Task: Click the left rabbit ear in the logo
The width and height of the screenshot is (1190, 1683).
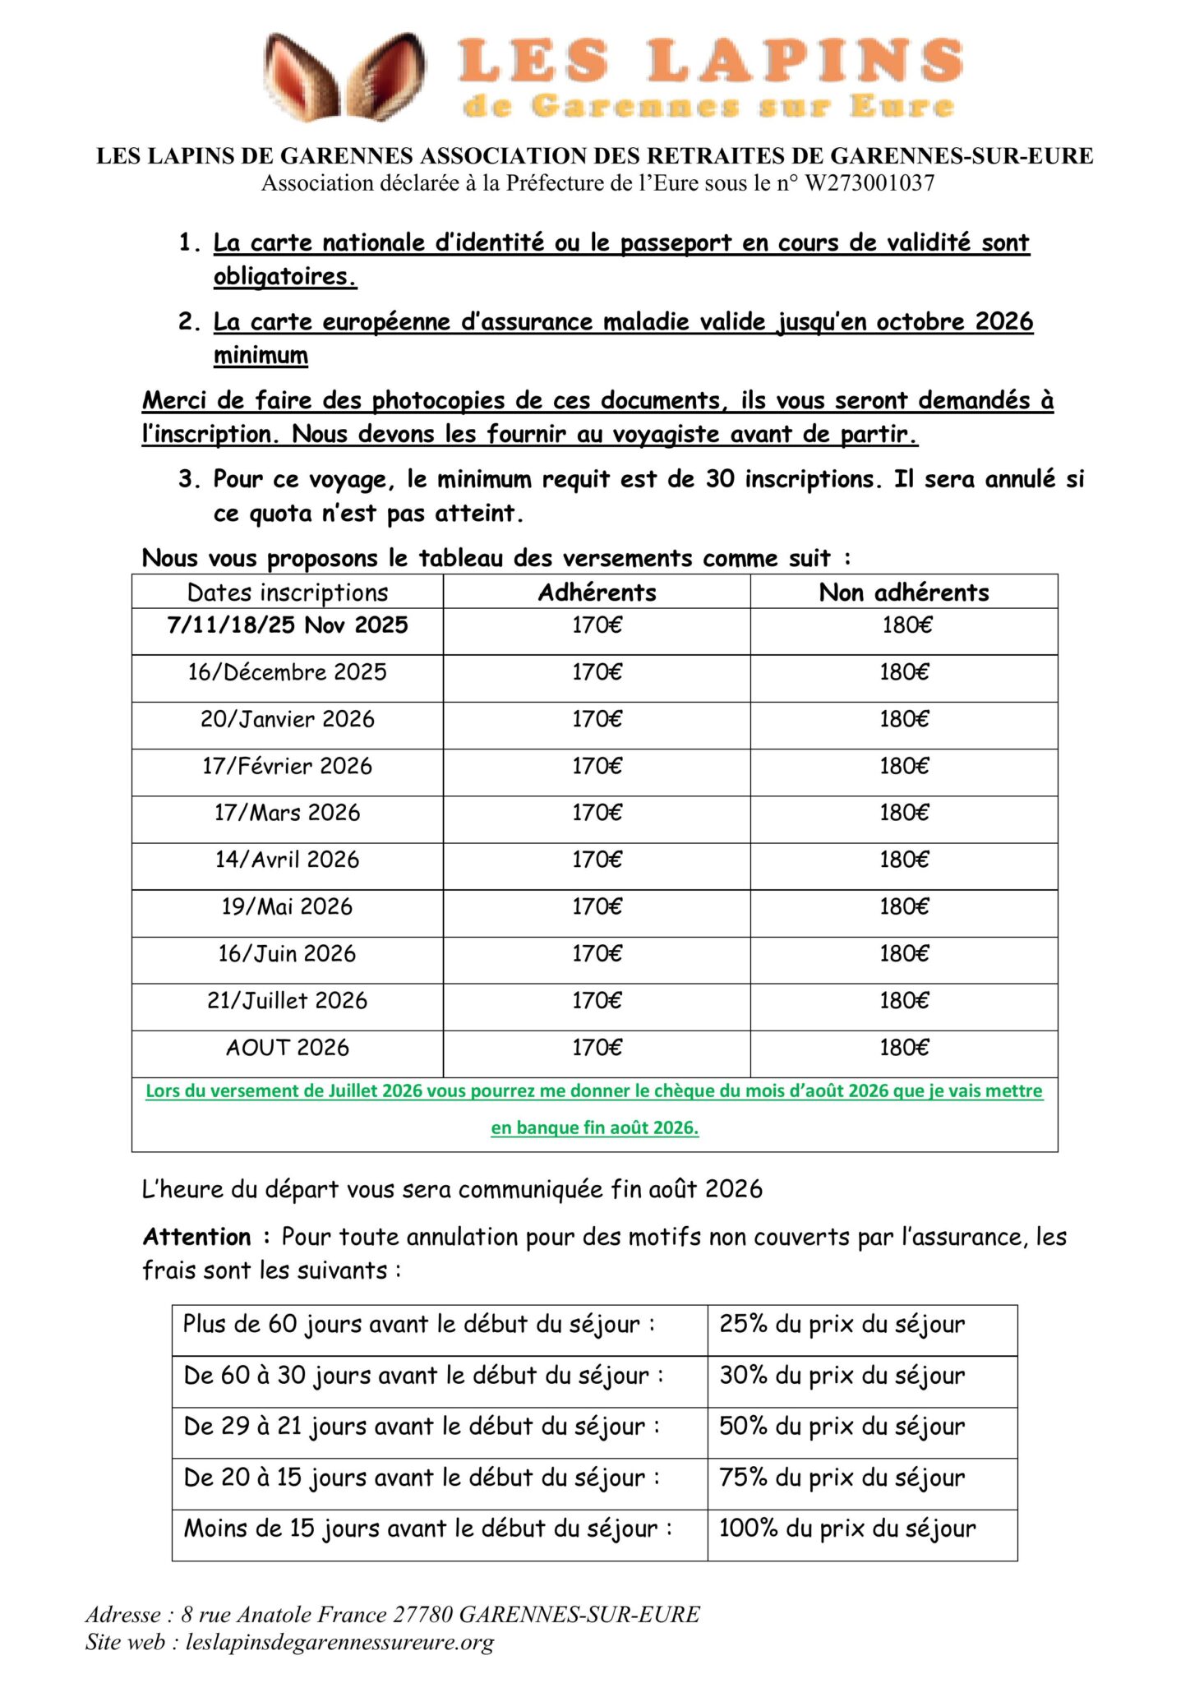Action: [302, 77]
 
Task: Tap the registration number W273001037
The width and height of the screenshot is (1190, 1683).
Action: [869, 183]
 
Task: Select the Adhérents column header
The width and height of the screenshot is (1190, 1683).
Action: [597, 593]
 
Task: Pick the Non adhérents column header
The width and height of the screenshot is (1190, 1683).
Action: [904, 593]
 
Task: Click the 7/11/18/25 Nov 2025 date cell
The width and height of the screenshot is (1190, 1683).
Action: [288, 625]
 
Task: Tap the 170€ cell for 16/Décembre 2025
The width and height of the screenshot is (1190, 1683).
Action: [597, 672]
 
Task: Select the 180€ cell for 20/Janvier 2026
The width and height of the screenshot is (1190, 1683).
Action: [904, 719]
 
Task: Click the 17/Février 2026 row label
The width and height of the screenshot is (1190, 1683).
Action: [288, 766]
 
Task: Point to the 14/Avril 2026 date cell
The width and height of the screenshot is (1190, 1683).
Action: [288, 860]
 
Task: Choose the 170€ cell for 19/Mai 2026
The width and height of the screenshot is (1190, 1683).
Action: [597, 906]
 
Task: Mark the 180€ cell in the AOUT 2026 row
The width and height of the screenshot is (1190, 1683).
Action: [904, 1048]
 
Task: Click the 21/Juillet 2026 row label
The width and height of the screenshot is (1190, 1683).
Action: [288, 1001]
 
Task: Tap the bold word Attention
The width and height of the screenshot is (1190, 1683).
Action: [197, 1237]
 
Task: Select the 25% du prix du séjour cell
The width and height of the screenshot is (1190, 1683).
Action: [842, 1324]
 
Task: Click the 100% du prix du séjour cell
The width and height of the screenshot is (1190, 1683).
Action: [847, 1528]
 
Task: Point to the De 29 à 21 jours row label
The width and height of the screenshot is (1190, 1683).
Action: [422, 1426]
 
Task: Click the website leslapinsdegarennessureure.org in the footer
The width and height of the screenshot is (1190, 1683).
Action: [339, 1643]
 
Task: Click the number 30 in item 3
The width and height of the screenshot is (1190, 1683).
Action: [720, 479]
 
